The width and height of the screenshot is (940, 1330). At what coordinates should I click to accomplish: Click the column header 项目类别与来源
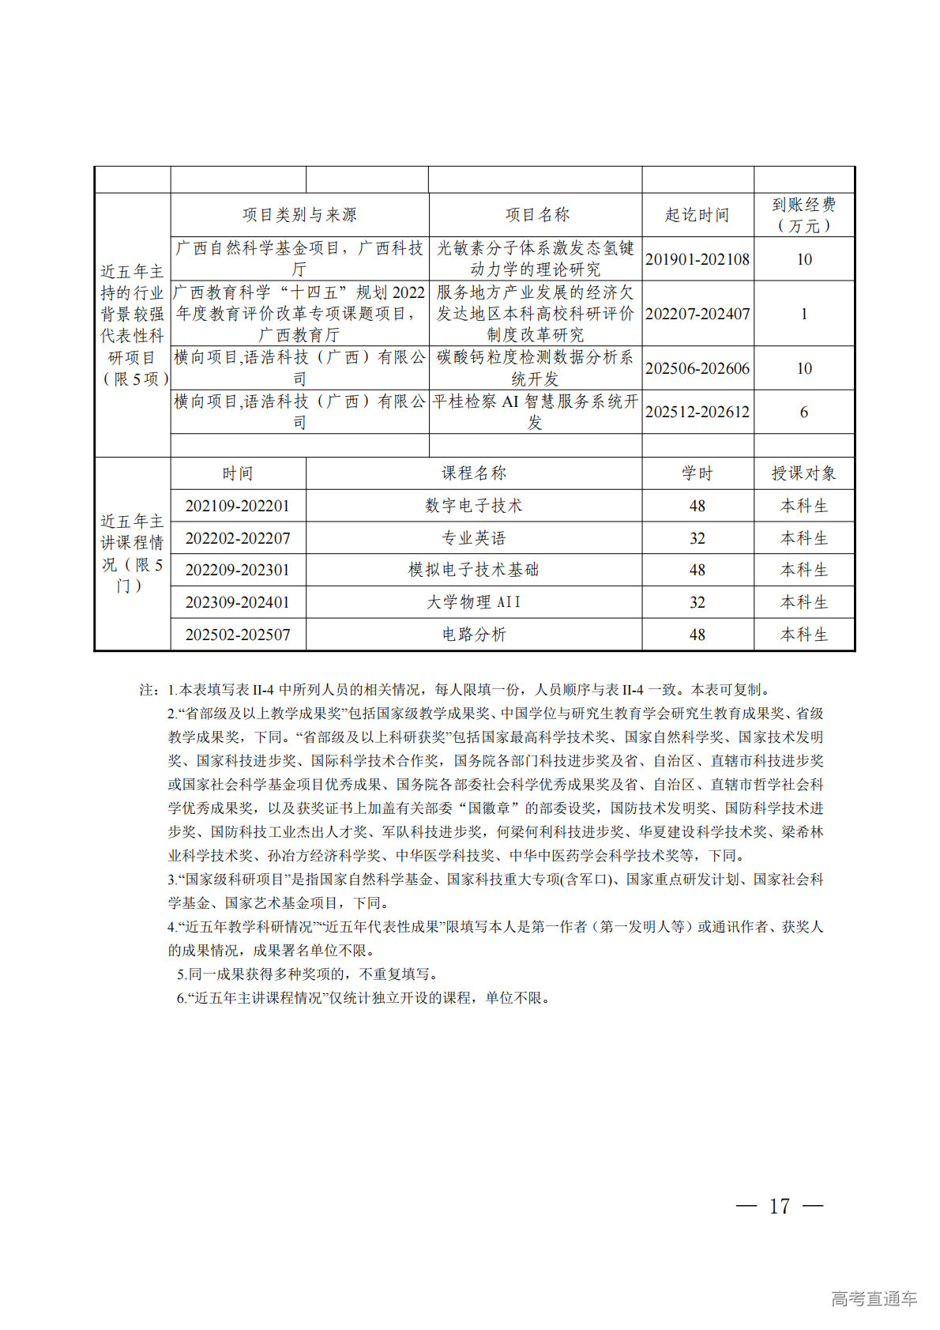click(299, 215)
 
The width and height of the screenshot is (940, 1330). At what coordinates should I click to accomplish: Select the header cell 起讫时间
click(697, 215)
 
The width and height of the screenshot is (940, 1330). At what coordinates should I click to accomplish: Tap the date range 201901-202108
click(697, 259)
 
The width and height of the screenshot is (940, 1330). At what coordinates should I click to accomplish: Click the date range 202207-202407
click(697, 314)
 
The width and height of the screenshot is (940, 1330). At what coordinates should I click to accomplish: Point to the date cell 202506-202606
click(697, 368)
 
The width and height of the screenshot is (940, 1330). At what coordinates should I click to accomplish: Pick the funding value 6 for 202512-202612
click(803, 412)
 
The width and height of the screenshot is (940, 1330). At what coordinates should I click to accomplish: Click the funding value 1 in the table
click(803, 314)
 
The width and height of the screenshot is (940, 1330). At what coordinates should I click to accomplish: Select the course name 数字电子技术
click(473, 506)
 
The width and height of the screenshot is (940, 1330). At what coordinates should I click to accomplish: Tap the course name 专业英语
click(473, 538)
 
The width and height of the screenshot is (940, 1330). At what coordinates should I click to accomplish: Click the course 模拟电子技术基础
click(473, 570)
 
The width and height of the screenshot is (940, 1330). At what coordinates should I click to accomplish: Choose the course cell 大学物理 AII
click(473, 602)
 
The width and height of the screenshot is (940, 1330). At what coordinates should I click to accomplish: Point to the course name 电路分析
click(473, 635)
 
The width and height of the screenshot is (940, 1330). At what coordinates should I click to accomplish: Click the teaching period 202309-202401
click(238, 602)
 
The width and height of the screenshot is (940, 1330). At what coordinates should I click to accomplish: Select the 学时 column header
click(697, 473)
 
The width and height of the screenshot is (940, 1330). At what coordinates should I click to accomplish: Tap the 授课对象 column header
click(803, 473)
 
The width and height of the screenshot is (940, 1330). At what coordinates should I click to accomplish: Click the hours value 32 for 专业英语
click(697, 538)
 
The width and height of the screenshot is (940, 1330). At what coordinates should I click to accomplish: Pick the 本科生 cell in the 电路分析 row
click(803, 635)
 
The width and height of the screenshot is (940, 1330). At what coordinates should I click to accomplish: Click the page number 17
click(779, 1206)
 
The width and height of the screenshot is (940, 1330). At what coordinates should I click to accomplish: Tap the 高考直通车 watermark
click(874, 1298)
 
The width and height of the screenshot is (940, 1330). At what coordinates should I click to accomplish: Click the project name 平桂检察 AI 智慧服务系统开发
click(535, 412)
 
